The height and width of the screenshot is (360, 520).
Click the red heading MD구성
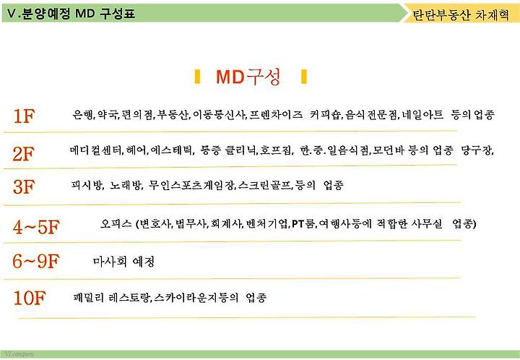[248, 77]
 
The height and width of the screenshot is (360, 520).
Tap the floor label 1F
[24, 116]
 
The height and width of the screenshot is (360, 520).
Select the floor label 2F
[24, 154]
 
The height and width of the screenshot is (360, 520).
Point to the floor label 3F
[24, 187]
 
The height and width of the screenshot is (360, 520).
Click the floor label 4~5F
[36, 227]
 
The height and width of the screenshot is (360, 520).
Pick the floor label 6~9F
[36, 261]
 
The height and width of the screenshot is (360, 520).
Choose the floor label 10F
[29, 298]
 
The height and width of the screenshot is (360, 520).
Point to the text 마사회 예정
[123, 262]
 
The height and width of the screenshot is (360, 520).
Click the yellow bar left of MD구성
[198, 77]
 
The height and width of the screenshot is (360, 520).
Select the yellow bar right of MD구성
[304, 77]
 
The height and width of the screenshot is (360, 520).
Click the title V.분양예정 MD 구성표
[71, 14]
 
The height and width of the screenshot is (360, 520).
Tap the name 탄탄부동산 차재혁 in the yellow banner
[460, 15]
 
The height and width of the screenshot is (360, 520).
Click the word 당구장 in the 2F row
[477, 150]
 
